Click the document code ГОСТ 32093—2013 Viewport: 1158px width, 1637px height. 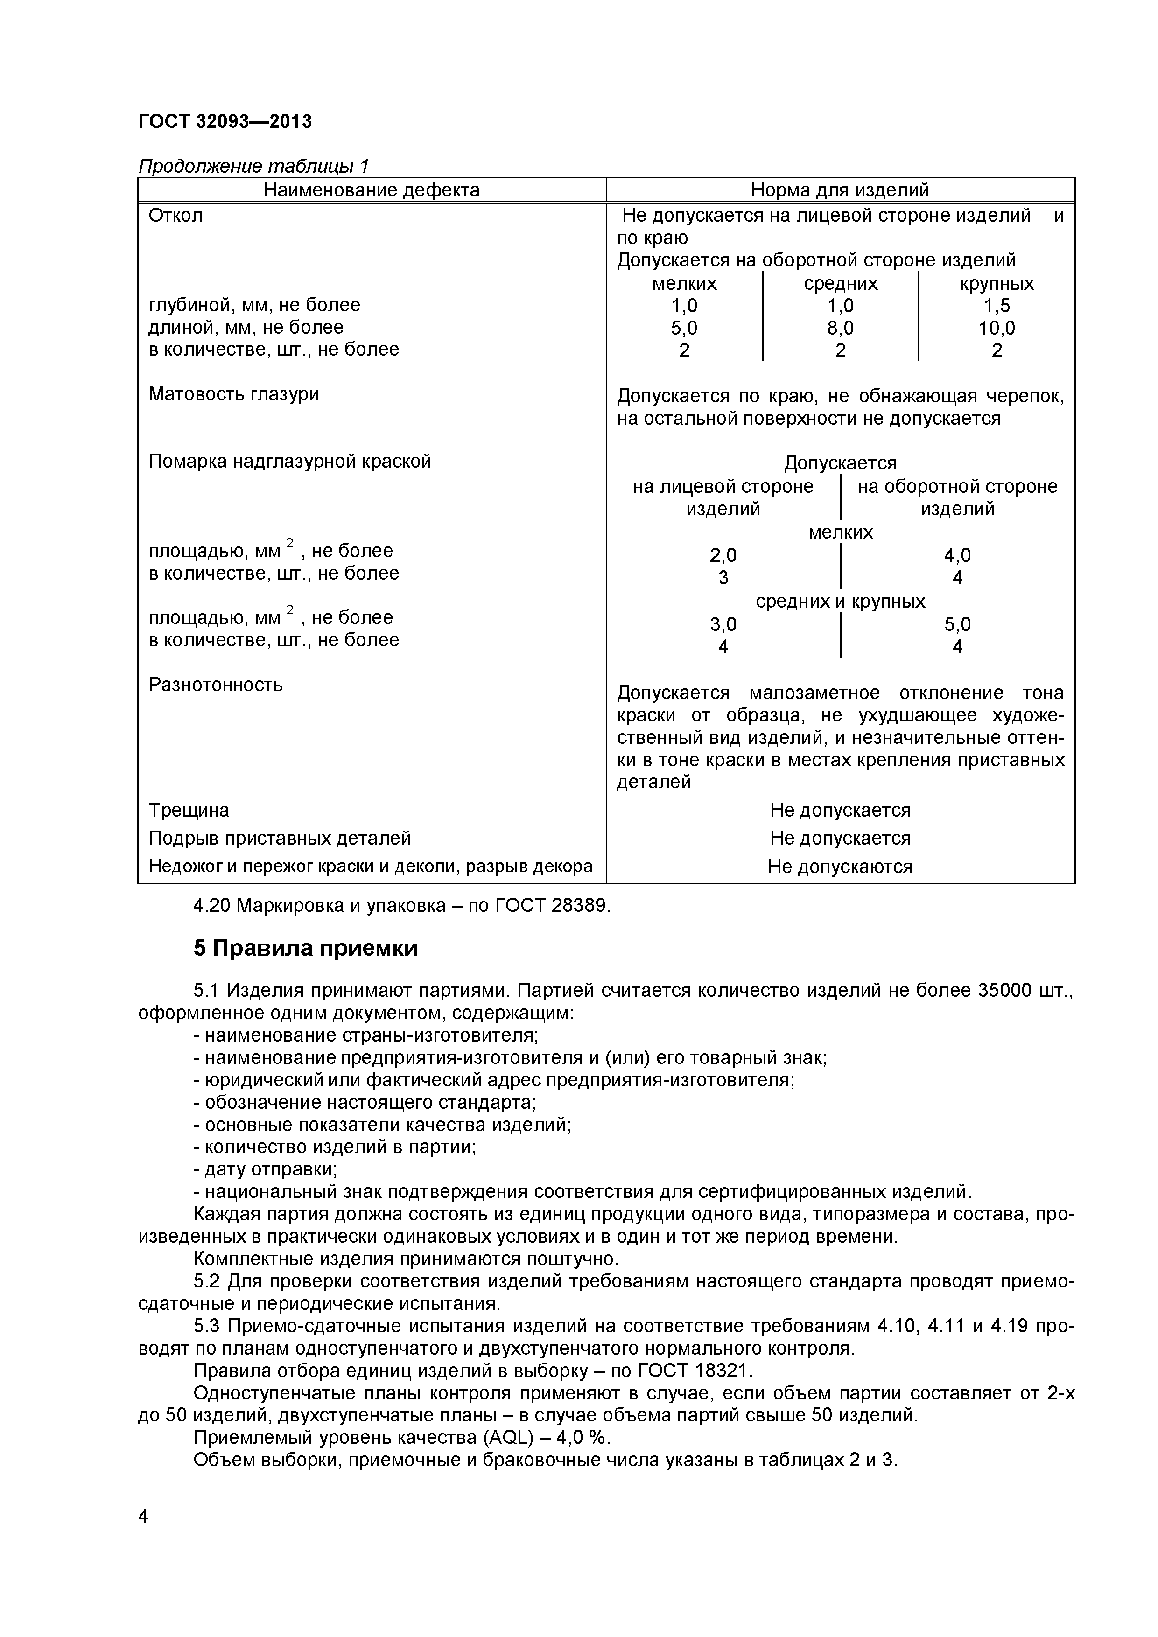[x=225, y=122]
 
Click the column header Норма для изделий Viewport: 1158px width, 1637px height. [x=840, y=190]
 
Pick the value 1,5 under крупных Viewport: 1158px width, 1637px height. [x=996, y=306]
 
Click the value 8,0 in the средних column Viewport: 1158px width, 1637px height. [x=840, y=328]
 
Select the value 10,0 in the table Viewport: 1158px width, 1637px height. [x=996, y=328]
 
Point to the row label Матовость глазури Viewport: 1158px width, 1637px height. [x=233, y=394]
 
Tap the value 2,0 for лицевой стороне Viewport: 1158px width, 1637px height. [x=723, y=555]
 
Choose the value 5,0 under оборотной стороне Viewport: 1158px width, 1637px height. [x=957, y=624]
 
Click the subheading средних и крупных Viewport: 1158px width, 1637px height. [x=840, y=602]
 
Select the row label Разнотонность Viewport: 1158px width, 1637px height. [x=215, y=685]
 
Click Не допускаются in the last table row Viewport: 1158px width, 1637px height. [x=840, y=867]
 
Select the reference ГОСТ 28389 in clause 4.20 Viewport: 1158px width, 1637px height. [x=553, y=906]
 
